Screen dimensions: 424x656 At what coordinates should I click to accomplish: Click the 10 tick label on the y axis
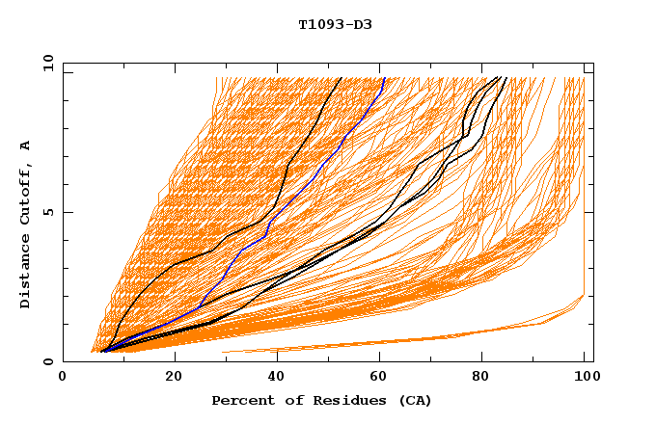(x=48, y=63)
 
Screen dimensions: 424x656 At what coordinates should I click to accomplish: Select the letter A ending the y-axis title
(x=26, y=146)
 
